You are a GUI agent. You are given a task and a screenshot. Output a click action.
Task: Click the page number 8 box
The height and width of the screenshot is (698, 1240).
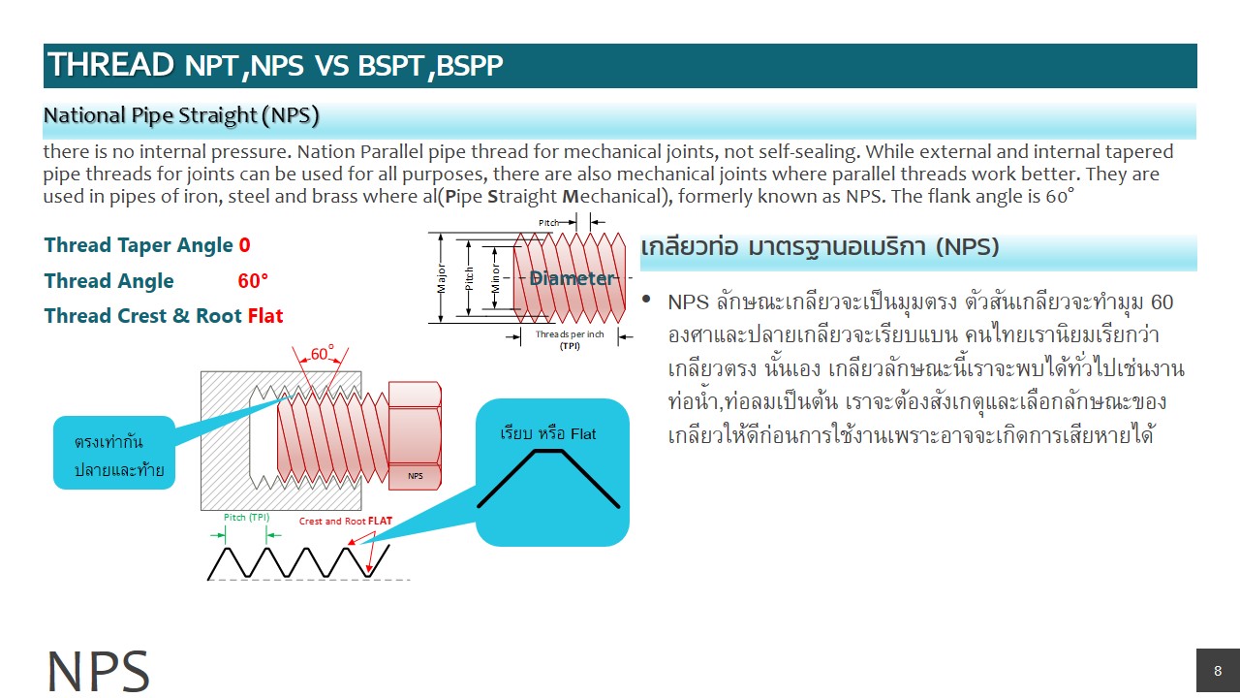pos(1218,671)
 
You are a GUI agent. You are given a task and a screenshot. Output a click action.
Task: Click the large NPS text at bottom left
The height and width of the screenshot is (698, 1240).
pos(98,671)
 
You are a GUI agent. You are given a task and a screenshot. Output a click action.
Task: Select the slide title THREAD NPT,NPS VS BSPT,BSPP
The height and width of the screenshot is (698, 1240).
pos(275,66)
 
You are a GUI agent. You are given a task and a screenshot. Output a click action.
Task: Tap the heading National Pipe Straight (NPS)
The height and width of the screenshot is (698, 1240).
pos(181,116)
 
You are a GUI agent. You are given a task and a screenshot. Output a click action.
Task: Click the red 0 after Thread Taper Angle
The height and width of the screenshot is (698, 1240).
pos(244,246)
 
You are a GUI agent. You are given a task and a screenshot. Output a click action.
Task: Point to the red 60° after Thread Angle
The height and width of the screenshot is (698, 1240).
pos(253,281)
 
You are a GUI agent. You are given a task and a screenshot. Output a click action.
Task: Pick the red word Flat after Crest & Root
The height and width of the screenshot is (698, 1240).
pos(265,316)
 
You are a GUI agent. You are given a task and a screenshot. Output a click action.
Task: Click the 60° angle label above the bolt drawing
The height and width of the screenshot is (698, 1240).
pos(322,355)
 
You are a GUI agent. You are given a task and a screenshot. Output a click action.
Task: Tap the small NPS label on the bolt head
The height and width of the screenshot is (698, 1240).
pos(415,476)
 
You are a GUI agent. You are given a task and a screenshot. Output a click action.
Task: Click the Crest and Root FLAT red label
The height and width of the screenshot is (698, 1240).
pos(346,521)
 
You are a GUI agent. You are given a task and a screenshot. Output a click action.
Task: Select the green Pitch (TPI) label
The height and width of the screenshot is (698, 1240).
pos(247,517)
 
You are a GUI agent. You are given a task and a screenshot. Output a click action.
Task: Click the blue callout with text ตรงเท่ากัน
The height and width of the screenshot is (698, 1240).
pos(114,453)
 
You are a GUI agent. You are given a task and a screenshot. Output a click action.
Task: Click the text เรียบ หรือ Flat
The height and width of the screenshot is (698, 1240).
pos(548,433)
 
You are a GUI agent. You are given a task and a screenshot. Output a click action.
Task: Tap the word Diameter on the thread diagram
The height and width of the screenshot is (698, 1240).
pos(572,278)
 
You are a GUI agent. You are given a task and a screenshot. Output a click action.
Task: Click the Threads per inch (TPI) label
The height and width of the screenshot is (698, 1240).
pos(570,338)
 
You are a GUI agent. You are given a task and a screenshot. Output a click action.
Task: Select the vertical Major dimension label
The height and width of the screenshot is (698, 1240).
pos(442,278)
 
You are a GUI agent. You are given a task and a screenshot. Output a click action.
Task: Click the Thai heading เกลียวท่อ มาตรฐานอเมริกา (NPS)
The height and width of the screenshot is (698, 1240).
pos(819,247)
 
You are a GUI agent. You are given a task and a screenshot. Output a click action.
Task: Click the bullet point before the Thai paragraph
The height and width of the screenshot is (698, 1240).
pos(647,300)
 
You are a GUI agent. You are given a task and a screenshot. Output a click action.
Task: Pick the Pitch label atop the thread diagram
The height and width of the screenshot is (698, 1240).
pos(550,223)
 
